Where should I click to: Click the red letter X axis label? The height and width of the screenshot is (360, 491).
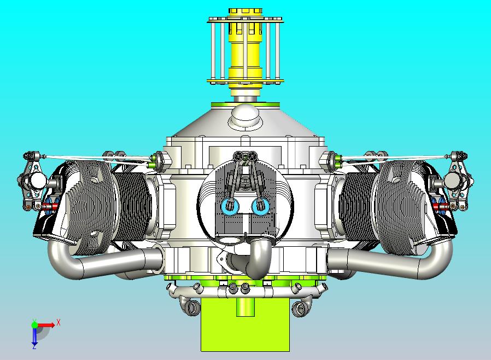point(59,322)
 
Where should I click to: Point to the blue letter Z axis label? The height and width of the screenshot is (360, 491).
point(34,346)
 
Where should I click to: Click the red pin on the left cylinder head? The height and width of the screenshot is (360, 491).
point(50,206)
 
